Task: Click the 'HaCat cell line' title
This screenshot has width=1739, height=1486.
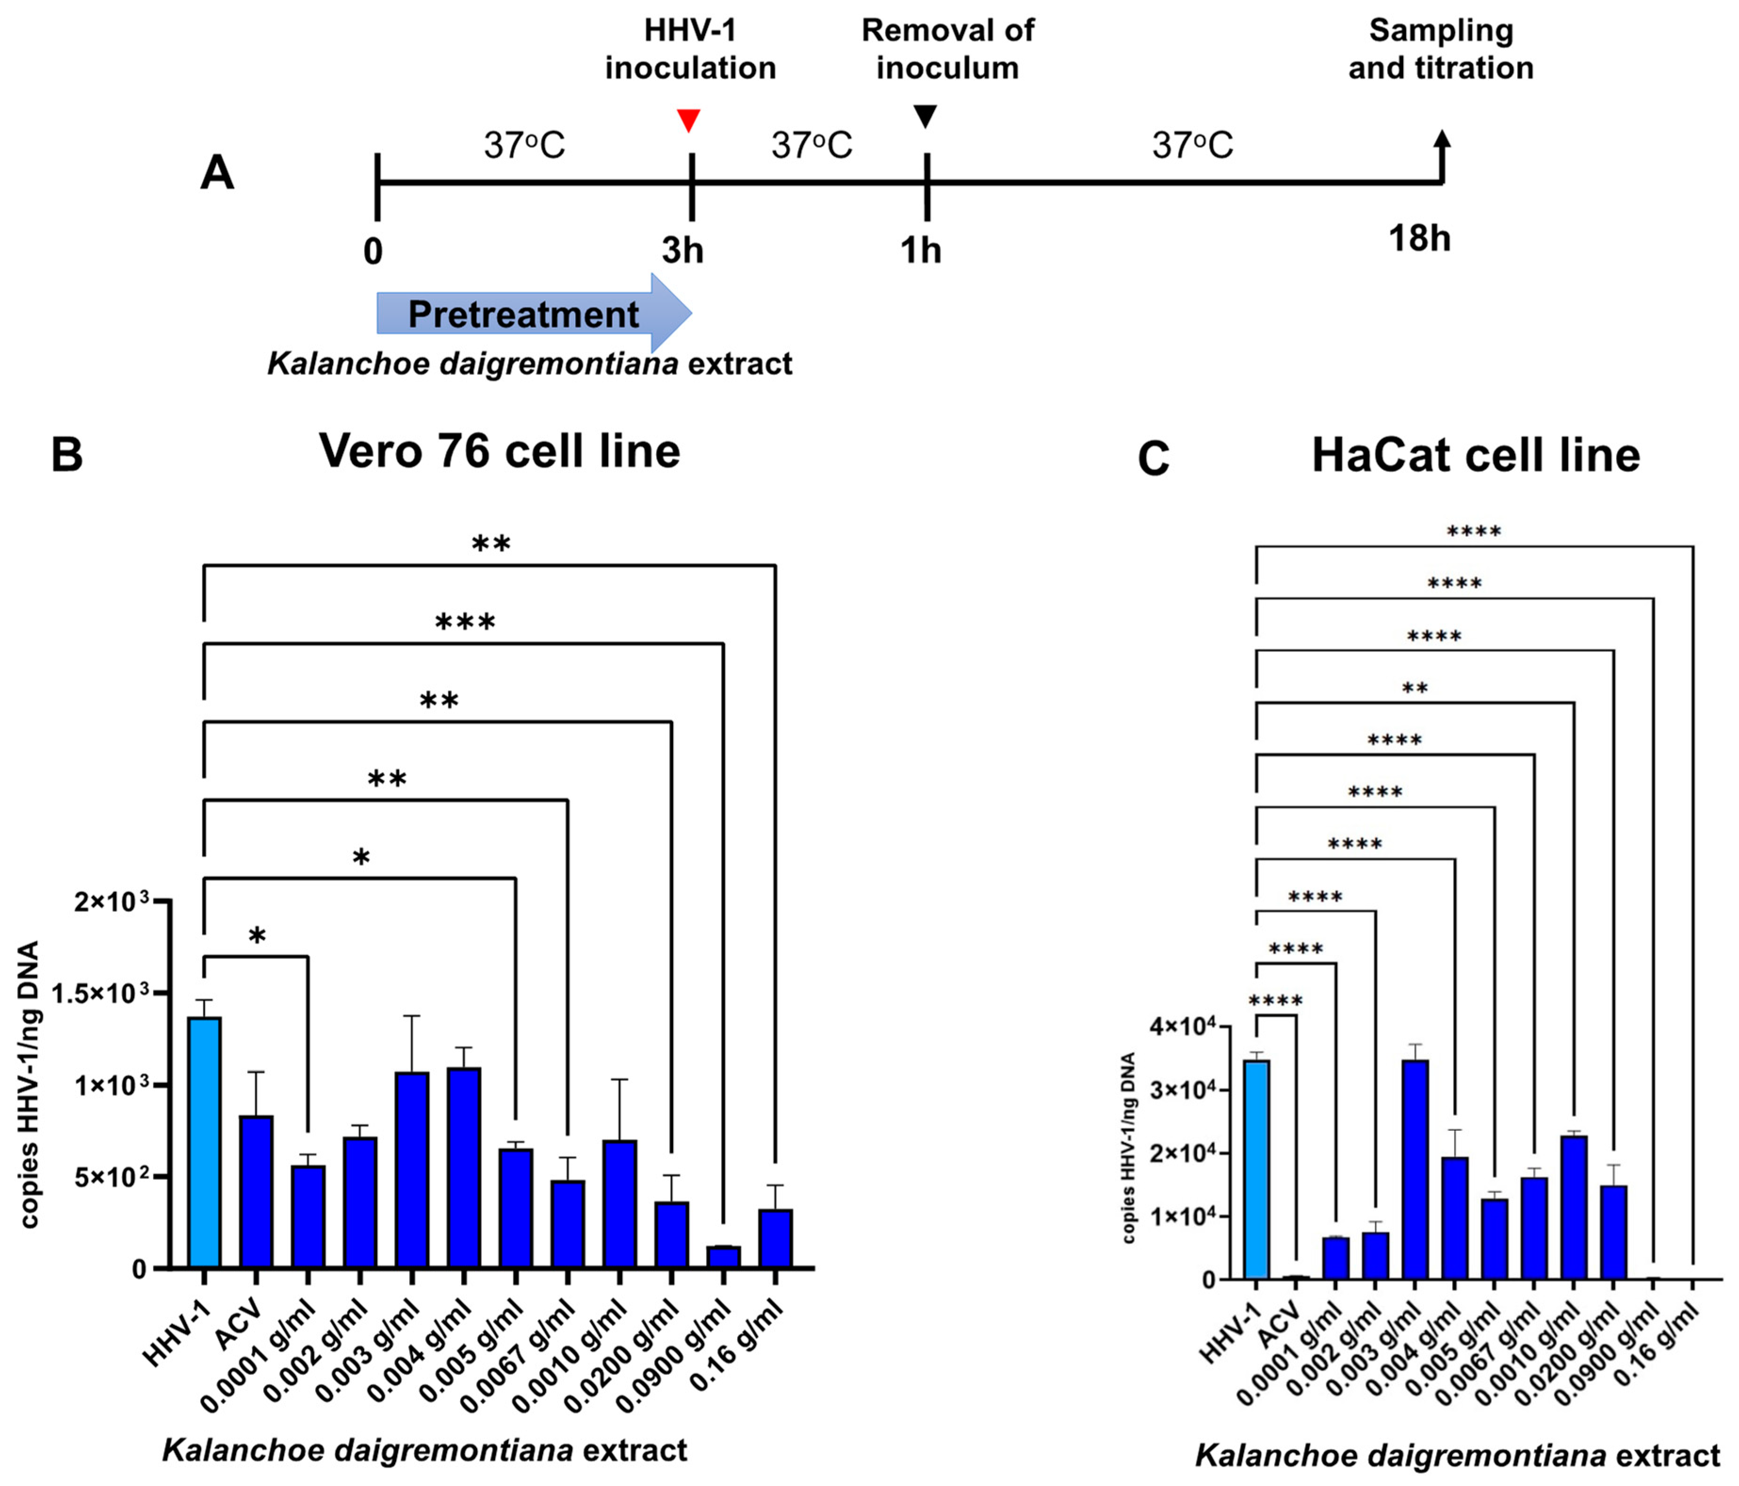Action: [1475, 456]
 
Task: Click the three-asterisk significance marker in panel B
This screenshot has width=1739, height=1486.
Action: [465, 623]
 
